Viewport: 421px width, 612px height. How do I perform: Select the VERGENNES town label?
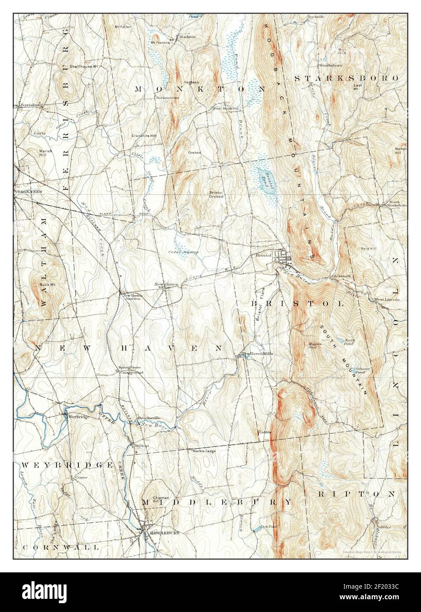point(27,192)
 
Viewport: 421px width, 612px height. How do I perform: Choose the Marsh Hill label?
point(34,152)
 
